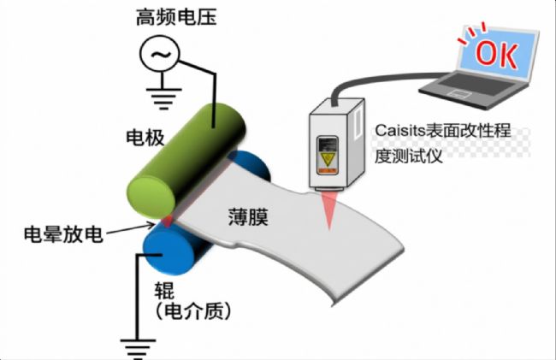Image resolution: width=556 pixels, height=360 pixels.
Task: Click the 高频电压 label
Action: tap(176, 17)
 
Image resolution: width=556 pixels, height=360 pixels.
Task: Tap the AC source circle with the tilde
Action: tap(160, 54)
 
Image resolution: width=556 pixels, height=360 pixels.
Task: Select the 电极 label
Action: tap(145, 138)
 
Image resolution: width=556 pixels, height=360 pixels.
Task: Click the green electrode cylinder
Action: tap(186, 162)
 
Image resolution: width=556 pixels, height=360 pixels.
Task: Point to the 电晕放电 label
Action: tap(63, 234)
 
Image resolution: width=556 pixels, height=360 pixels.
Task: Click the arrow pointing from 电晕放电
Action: tap(131, 228)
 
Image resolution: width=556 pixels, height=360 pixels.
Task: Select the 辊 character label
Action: tap(164, 291)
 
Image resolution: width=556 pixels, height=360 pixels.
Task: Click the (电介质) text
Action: tap(193, 311)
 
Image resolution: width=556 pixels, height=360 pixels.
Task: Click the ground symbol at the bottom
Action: tap(138, 348)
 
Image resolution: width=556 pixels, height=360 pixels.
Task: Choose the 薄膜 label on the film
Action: tap(248, 217)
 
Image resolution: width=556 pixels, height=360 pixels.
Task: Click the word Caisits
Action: tap(400, 130)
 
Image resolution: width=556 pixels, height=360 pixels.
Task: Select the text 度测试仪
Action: tap(409, 156)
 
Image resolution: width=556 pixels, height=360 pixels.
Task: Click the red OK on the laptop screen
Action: tap(496, 55)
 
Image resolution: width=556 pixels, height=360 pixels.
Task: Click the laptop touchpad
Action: tap(459, 94)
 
